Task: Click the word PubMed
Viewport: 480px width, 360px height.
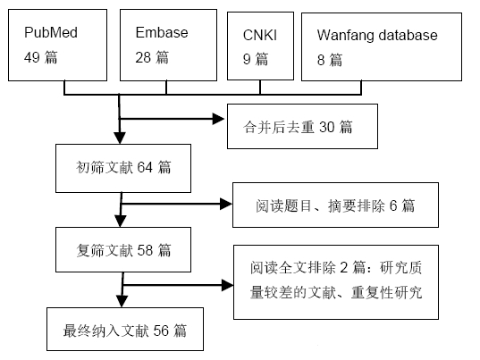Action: tap(51, 32)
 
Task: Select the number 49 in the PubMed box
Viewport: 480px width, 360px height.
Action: tap(32, 57)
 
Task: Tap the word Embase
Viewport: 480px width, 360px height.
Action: tap(162, 32)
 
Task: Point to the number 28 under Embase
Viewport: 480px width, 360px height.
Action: tap(143, 57)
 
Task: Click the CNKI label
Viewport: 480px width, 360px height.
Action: tap(260, 35)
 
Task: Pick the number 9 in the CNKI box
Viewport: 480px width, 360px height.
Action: tap(247, 59)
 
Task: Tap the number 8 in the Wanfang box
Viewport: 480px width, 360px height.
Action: tap(321, 60)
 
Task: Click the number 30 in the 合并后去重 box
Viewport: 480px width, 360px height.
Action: tap(326, 127)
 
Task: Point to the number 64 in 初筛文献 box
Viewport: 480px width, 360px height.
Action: tap(145, 167)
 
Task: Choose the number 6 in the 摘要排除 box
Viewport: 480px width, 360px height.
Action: tap(393, 205)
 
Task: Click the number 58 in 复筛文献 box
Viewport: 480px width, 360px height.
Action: tap(145, 250)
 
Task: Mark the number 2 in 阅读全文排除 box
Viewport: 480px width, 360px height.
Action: tap(344, 268)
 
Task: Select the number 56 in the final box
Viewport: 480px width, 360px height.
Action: tap(161, 331)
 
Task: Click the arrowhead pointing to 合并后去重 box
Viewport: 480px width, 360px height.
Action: tap(218, 119)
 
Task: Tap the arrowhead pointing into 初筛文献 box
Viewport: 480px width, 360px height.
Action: tap(120, 138)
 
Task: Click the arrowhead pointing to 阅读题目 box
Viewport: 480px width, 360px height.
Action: tap(226, 204)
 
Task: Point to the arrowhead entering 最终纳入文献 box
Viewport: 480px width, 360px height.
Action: tap(122, 301)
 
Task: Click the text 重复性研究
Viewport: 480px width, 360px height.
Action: tap(387, 292)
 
